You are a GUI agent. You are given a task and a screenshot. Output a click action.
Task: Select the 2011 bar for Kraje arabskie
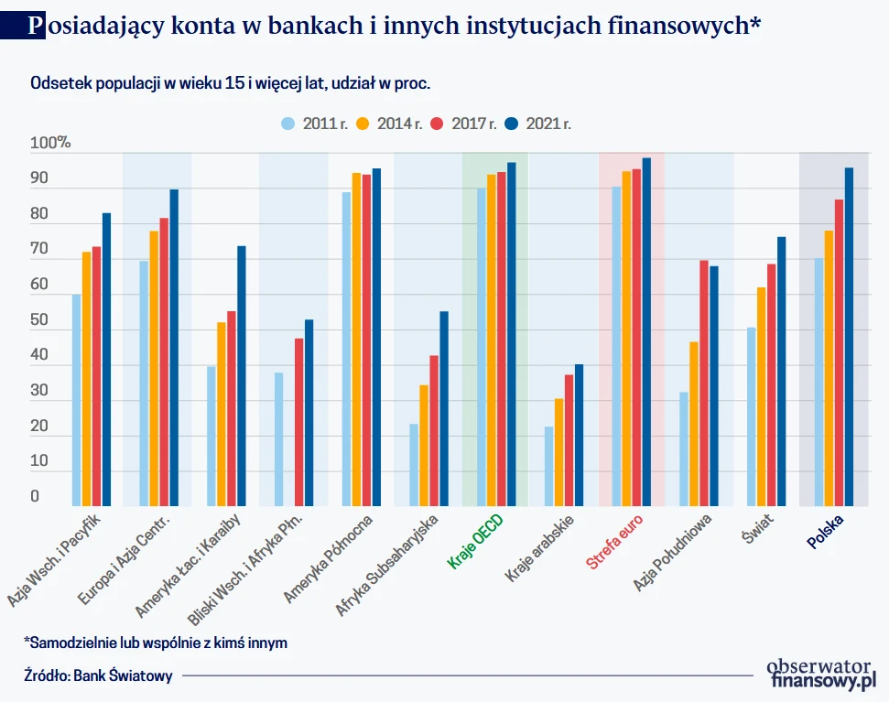coord(548,466)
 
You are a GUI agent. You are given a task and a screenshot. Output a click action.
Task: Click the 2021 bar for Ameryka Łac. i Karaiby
coord(242,375)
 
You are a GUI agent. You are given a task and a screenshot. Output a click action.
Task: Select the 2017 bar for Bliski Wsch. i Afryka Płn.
coord(299,422)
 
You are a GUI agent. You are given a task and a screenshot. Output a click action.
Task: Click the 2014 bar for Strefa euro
coord(626,339)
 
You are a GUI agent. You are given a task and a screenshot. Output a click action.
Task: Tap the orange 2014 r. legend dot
coord(363,124)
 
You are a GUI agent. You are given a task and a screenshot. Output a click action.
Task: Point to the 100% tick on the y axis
coord(50,143)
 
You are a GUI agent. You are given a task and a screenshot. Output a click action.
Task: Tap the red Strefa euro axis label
coord(615,544)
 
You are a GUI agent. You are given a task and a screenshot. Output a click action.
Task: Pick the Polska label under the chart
coord(825,531)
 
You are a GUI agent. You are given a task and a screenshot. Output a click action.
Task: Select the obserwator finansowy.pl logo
coord(821,673)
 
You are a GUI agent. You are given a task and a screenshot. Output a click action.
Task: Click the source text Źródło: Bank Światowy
coord(98,676)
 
